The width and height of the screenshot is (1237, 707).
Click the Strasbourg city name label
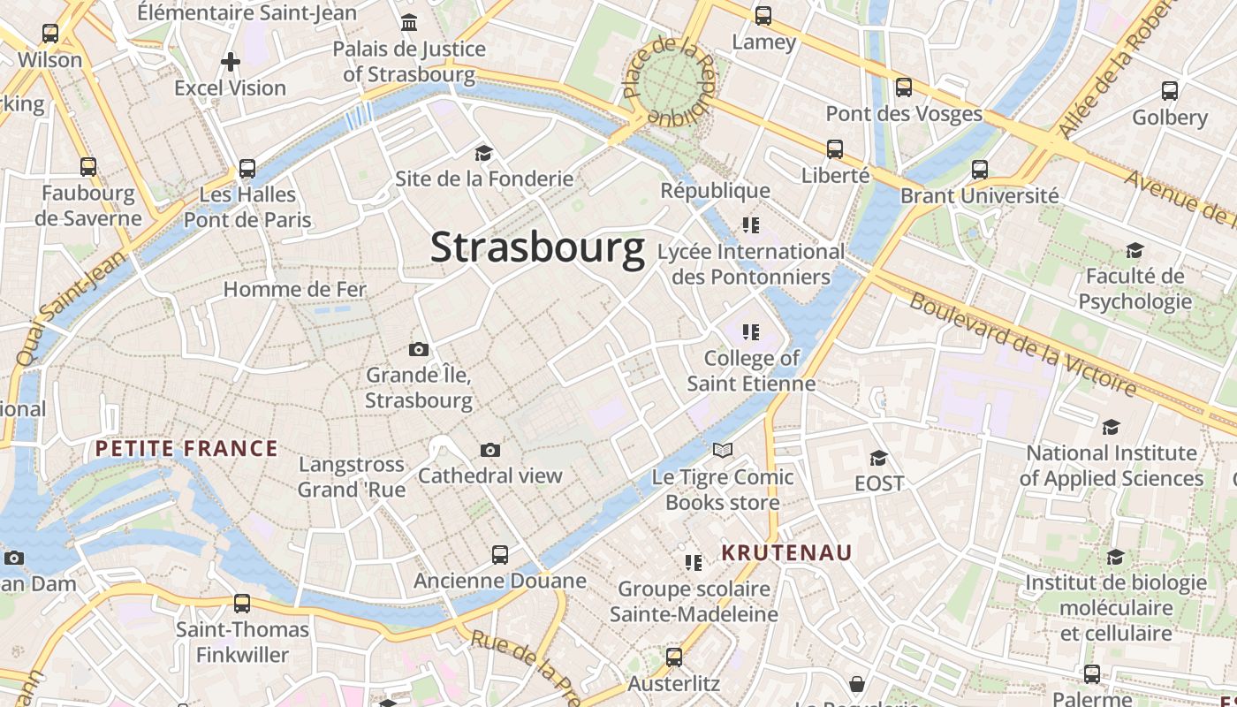(x=537, y=248)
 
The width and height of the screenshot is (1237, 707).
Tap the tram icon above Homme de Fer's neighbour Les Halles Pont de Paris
(x=247, y=168)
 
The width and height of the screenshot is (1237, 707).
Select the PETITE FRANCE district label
(x=186, y=449)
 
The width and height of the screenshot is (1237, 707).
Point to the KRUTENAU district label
(x=786, y=553)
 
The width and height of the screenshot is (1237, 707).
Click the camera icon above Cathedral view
(x=490, y=451)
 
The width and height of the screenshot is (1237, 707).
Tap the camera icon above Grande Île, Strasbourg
(x=419, y=350)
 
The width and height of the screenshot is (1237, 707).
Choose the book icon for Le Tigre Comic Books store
(x=723, y=451)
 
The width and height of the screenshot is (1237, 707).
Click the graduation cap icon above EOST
(x=878, y=458)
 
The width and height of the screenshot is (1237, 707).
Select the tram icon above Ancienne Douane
(x=500, y=555)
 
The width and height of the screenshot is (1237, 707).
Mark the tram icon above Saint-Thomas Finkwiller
(x=242, y=604)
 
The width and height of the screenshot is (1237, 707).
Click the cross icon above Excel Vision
(x=231, y=62)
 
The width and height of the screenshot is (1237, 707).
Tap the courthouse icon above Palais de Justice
(x=409, y=22)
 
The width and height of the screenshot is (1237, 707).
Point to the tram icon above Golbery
(x=1170, y=90)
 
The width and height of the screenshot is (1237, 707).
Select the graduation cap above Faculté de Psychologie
(x=1135, y=251)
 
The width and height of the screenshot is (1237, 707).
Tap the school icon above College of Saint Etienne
(x=751, y=332)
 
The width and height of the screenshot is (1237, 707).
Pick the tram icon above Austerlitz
(x=674, y=658)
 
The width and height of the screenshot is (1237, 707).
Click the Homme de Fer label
(x=294, y=289)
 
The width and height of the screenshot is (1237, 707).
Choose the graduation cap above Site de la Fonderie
(x=483, y=154)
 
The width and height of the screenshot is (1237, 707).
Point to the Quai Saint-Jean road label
(x=71, y=307)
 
